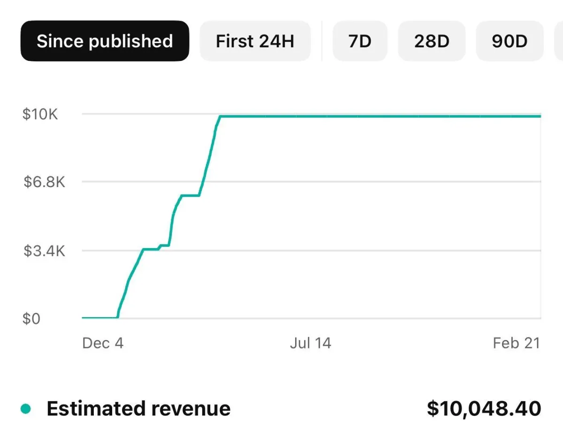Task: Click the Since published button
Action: (105, 41)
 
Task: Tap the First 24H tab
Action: (255, 41)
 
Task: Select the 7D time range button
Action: (360, 41)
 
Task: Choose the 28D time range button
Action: (432, 41)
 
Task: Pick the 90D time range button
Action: (510, 41)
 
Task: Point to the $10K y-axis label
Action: (40, 114)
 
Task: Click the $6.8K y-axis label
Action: (45, 182)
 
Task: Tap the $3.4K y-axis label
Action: (45, 251)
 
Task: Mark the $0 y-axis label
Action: (32, 319)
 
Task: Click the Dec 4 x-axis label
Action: (103, 343)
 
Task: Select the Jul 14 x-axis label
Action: (310, 343)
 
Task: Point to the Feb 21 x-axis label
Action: (517, 343)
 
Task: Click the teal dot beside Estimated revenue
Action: (26, 409)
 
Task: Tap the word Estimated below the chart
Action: (89, 409)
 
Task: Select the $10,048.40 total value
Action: (484, 409)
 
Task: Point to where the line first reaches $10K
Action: (220, 116)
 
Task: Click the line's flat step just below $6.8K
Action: (190, 195)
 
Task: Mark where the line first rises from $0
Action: (118, 317)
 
